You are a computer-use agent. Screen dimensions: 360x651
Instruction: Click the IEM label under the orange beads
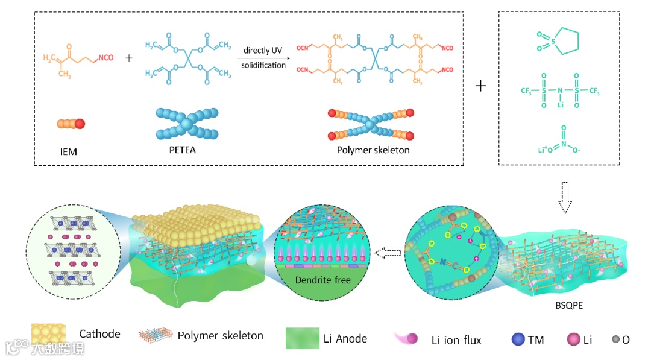[69, 151]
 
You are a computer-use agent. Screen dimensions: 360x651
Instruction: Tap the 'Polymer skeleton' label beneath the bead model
[373, 150]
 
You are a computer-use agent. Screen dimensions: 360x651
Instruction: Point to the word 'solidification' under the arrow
[263, 65]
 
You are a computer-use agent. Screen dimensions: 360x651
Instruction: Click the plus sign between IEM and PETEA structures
[129, 58]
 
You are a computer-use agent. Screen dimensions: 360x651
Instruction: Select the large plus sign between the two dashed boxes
[480, 86]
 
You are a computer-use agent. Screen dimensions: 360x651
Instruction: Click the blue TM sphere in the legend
[518, 339]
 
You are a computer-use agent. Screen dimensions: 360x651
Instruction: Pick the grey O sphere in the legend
[615, 340]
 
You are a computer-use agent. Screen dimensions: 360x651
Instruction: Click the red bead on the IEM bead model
[80, 124]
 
